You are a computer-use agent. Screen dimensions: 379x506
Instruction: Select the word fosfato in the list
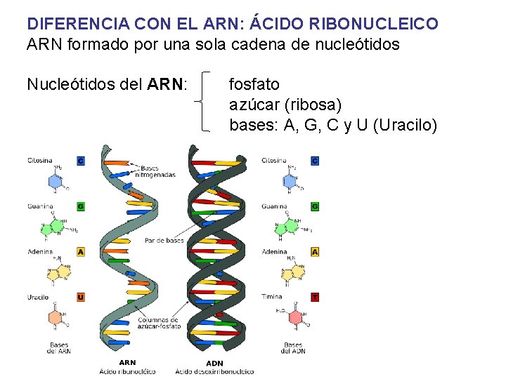pyautogui.click(x=254, y=84)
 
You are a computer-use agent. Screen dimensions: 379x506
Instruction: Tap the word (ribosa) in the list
pyautogui.click(x=313, y=105)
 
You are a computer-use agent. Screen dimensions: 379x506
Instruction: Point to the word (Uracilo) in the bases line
pyautogui.click(x=406, y=126)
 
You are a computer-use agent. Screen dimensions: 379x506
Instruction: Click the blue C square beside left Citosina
pyautogui.click(x=81, y=161)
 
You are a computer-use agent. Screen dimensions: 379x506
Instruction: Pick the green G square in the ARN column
pyautogui.click(x=81, y=206)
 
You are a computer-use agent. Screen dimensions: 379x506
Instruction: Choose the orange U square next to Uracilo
pyautogui.click(x=81, y=297)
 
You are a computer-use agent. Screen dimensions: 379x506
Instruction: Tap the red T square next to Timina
pyautogui.click(x=315, y=297)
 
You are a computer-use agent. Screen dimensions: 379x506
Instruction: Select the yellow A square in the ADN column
pyautogui.click(x=315, y=251)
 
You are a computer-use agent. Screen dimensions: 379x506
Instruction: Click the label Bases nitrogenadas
pyautogui.click(x=158, y=171)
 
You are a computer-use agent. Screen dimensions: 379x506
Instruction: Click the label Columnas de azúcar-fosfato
pyautogui.click(x=160, y=322)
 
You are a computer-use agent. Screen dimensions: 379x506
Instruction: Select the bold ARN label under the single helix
pyautogui.click(x=127, y=363)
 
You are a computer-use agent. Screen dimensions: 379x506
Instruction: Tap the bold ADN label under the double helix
pyautogui.click(x=214, y=363)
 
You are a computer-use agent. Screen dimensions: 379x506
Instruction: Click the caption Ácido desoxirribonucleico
pyautogui.click(x=215, y=371)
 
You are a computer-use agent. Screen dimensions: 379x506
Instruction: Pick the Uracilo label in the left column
pyautogui.click(x=39, y=297)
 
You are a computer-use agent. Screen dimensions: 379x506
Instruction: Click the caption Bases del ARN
pyautogui.click(x=60, y=347)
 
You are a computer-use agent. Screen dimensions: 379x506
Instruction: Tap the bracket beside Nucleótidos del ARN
pyautogui.click(x=205, y=100)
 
